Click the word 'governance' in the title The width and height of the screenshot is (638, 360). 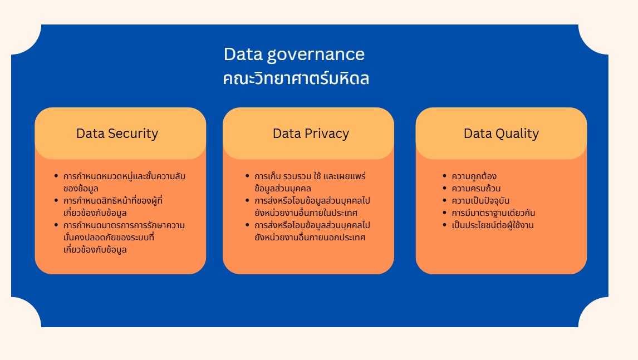click(x=316, y=55)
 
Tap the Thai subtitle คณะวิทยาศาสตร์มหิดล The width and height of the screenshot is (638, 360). click(x=296, y=78)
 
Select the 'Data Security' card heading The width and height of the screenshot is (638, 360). click(x=117, y=134)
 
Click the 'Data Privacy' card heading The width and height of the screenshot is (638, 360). click(x=311, y=134)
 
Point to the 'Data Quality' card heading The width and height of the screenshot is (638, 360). click(x=501, y=134)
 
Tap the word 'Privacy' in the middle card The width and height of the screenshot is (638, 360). click(x=327, y=134)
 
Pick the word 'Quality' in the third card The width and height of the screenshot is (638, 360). click(x=517, y=134)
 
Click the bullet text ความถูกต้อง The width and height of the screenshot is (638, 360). click(x=474, y=176)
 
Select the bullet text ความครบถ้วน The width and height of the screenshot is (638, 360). click(x=476, y=188)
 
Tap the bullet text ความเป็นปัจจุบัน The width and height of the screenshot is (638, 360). click(x=480, y=200)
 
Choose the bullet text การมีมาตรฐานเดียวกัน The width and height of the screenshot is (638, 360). click(x=493, y=213)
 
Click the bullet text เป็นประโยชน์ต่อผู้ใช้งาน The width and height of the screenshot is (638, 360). click(x=492, y=225)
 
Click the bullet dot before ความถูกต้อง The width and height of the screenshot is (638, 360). click(x=444, y=176)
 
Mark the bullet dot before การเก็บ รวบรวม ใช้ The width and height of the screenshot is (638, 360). click(x=247, y=176)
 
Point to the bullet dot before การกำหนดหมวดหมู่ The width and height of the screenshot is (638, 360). click(x=56, y=176)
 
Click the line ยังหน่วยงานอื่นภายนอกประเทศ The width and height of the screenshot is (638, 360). click(x=310, y=237)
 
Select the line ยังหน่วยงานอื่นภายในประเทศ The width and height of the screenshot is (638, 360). click(x=306, y=213)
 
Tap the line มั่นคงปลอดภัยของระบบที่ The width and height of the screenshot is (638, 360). click(x=109, y=237)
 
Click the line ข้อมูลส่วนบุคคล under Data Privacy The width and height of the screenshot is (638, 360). click(x=283, y=188)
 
